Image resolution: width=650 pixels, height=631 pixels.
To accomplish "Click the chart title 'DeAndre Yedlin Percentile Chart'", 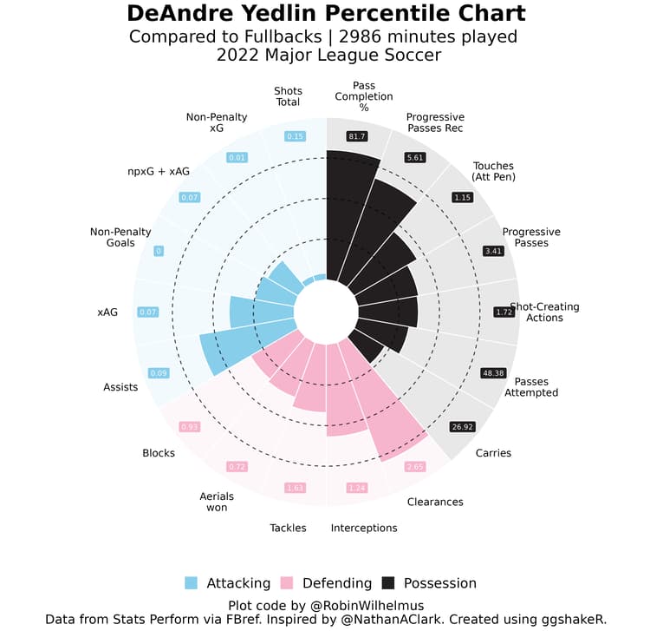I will click(x=325, y=14).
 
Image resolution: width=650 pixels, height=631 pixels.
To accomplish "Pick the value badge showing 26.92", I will click(x=462, y=426).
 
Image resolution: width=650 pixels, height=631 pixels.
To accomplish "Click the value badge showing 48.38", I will click(x=492, y=373).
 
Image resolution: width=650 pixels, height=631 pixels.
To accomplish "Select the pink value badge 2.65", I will click(x=414, y=466).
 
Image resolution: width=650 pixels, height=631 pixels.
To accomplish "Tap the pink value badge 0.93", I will click(x=190, y=426).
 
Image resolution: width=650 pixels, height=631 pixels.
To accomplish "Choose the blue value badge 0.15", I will click(x=296, y=136).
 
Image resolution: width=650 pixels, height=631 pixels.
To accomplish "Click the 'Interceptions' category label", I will click(x=364, y=528).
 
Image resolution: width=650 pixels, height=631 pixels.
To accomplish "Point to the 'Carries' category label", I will click(x=493, y=453).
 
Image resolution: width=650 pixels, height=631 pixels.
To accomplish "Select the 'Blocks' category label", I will click(x=159, y=453).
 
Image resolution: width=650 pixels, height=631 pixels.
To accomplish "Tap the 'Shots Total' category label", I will click(x=288, y=96).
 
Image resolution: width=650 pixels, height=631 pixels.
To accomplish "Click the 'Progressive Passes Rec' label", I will click(x=435, y=122).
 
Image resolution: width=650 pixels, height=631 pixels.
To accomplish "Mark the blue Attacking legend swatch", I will click(x=192, y=583).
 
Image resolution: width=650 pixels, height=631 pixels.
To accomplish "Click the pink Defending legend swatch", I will click(x=290, y=583).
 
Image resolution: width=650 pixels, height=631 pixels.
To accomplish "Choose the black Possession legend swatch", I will click(x=388, y=583).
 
